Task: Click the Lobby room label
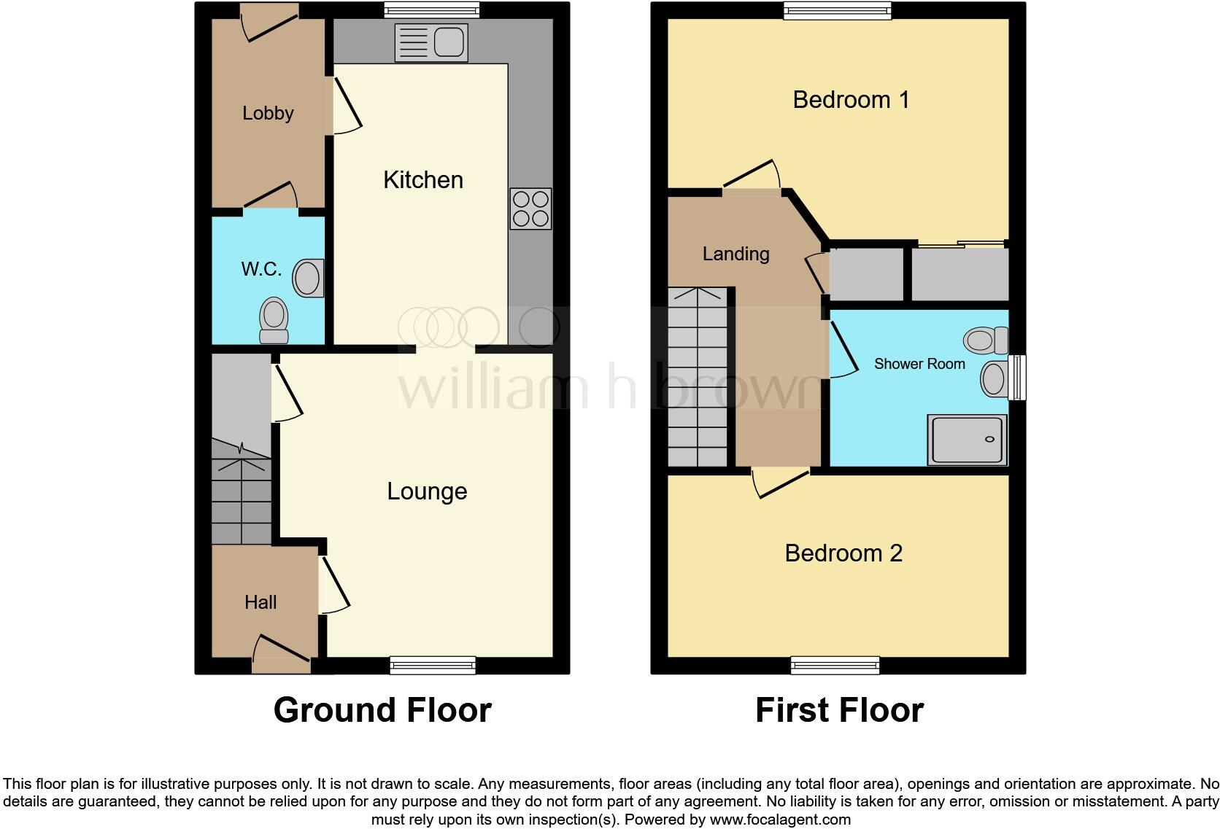pyautogui.click(x=268, y=113)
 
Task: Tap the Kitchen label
pyautogui.click(x=423, y=180)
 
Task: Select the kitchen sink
pyautogui.click(x=431, y=42)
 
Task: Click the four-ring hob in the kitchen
pyautogui.click(x=530, y=209)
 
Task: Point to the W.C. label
pyautogui.click(x=261, y=269)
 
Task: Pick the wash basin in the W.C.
pyautogui.click(x=308, y=278)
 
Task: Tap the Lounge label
pyautogui.click(x=427, y=491)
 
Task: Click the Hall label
pyautogui.click(x=260, y=602)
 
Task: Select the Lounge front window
pyautogui.click(x=433, y=664)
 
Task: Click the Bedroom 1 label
pyautogui.click(x=851, y=100)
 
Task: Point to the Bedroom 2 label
pyautogui.click(x=843, y=553)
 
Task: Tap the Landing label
pyautogui.click(x=736, y=254)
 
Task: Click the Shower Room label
pyautogui.click(x=919, y=364)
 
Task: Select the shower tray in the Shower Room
pyautogui.click(x=967, y=439)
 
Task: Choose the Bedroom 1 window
pyautogui.click(x=838, y=10)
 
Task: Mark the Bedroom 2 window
pyautogui.click(x=835, y=664)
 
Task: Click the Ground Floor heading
pyautogui.click(x=382, y=710)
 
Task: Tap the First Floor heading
pyautogui.click(x=839, y=710)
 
